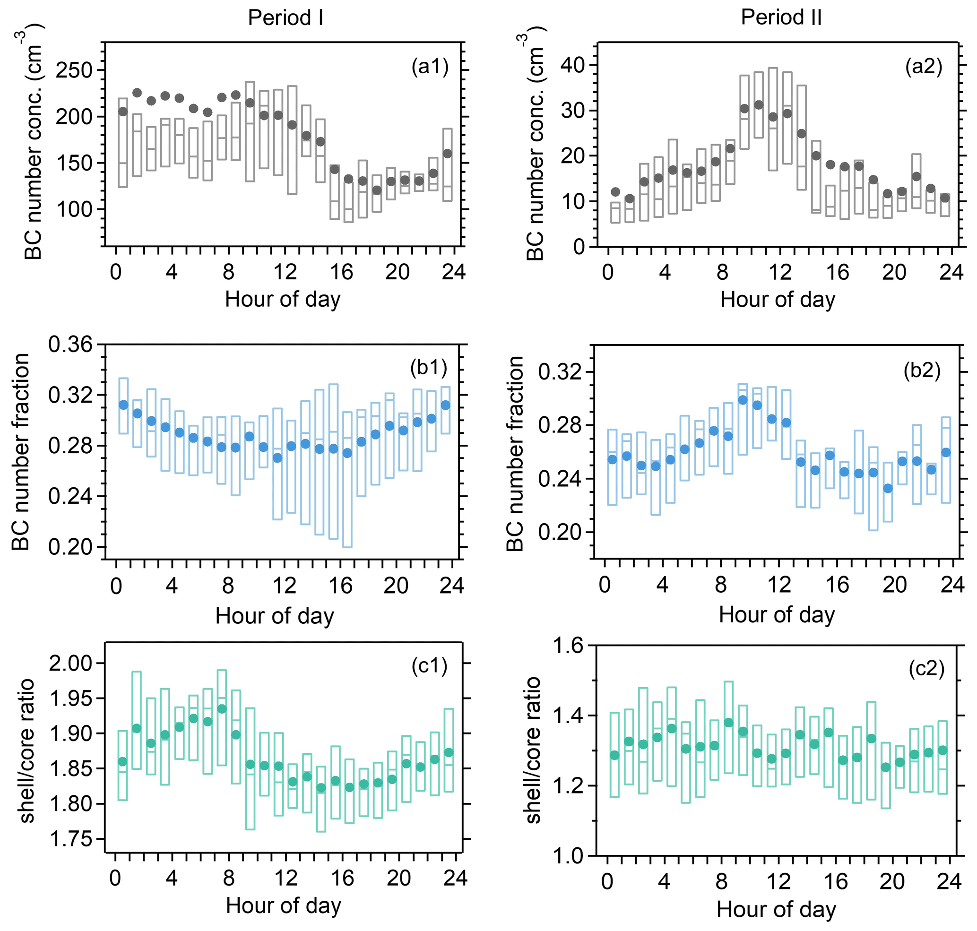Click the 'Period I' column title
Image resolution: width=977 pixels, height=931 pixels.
pos(285,18)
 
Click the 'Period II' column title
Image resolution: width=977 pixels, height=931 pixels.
pos(781,17)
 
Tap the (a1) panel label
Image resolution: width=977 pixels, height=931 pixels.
pos(430,66)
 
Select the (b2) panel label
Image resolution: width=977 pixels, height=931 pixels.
pos(922,370)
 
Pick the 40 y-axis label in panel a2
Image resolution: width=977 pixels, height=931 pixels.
pos(573,65)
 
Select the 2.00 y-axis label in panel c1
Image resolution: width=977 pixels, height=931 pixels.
pos(70,663)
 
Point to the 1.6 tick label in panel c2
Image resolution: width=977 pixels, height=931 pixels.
pos(569,646)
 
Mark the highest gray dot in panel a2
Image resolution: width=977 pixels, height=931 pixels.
pos(759,105)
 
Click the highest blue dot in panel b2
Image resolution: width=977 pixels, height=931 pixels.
pos(743,400)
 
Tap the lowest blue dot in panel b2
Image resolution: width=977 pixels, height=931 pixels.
pos(888,489)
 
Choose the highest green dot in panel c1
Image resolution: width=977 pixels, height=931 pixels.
pos(222,709)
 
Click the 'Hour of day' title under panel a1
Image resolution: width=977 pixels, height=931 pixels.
pos(283,299)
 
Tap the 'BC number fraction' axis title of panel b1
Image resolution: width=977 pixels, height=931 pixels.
pos(21,452)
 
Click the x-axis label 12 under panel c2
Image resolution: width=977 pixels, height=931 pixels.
pos(778,881)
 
